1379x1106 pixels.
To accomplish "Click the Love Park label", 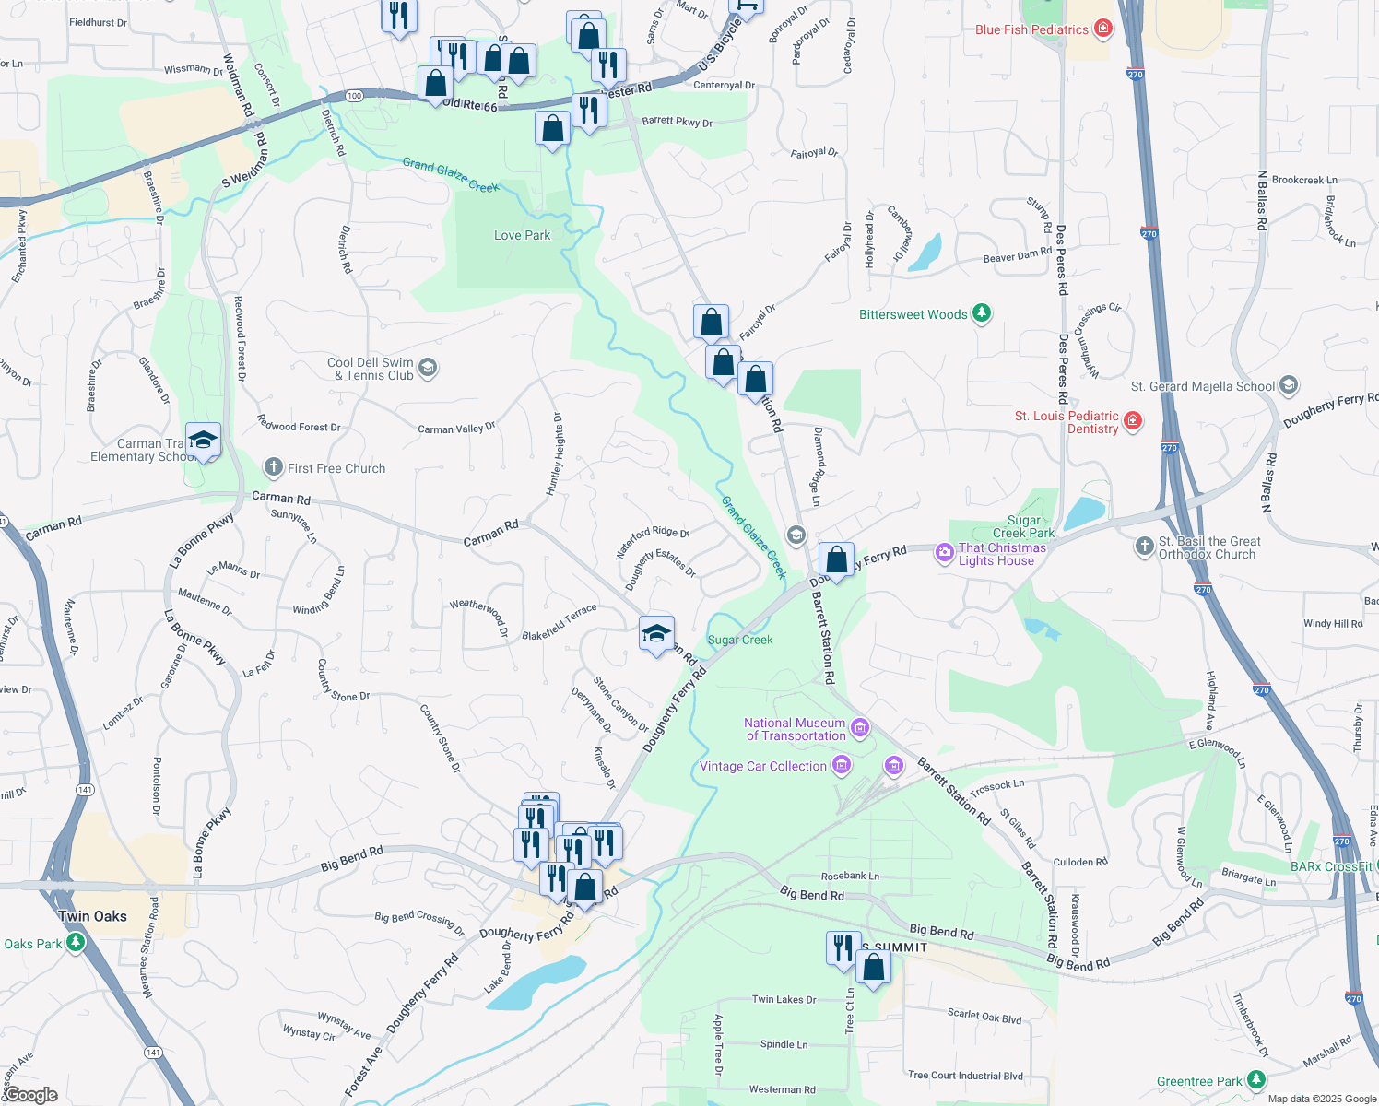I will point(522,235).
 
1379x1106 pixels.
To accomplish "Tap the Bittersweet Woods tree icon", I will point(982,314).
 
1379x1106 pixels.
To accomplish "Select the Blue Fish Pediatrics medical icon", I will point(1102,29).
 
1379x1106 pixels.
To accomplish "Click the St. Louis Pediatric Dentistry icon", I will point(1133,422).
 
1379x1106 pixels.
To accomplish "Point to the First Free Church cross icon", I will point(274,467).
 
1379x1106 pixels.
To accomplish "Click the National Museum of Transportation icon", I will point(860,729).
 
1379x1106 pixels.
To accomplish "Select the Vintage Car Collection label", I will point(762,766).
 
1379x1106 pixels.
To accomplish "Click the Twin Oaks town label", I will point(92,916).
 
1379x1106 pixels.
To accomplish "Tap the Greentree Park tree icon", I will point(1255,1080).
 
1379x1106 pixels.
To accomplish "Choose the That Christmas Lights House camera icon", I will point(944,553).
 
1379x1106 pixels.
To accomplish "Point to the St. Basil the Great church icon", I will point(1144,547).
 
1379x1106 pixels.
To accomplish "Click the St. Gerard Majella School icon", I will point(1289,385).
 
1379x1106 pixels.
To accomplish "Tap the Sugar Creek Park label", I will point(1023,526).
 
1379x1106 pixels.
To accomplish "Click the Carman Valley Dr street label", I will point(456,429).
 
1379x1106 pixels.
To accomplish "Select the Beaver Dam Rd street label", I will point(1017,255).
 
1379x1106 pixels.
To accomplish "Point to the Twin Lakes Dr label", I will point(784,999).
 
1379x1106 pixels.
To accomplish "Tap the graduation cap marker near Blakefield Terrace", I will point(656,634).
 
